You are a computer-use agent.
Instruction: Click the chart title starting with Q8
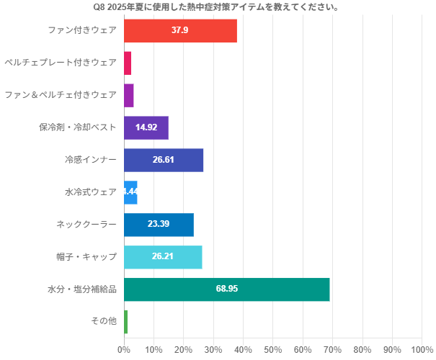tap(217, 7)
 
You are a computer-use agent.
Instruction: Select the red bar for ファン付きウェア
tap(180, 30)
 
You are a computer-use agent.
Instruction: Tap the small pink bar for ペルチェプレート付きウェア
tap(128, 63)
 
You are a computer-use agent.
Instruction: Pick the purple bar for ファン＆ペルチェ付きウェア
tap(129, 95)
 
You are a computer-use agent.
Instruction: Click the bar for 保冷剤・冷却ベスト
tap(146, 127)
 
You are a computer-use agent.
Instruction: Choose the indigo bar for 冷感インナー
tap(164, 160)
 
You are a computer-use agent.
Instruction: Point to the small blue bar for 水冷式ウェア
tap(130, 192)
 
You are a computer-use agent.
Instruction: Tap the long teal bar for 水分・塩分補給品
tap(226, 289)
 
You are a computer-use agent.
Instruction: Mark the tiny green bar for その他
tap(125, 321)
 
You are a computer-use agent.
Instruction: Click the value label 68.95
tap(227, 289)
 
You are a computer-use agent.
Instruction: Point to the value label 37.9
tap(180, 30)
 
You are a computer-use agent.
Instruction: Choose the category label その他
tap(104, 321)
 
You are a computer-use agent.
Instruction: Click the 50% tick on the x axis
tap(273, 350)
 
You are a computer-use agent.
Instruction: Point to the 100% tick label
tap(422, 350)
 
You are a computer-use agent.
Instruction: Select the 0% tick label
tap(124, 350)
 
